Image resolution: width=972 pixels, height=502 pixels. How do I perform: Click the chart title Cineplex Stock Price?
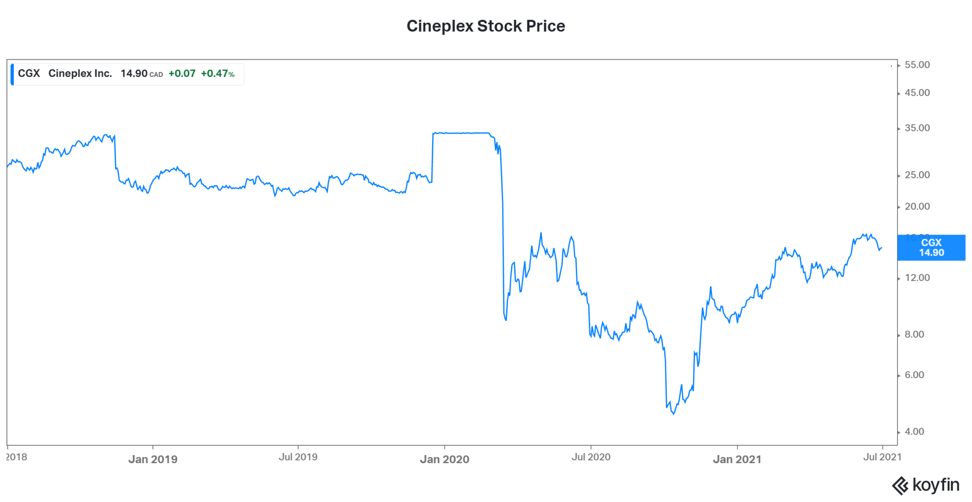(x=486, y=26)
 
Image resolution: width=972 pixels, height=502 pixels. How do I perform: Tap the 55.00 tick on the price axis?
(x=917, y=65)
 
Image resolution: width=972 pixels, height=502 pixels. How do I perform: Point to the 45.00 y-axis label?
(x=917, y=93)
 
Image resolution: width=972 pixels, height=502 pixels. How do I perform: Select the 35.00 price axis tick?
(x=917, y=128)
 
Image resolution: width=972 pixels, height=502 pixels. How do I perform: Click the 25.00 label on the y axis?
(x=917, y=175)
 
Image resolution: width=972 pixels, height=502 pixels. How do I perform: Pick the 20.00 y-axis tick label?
(x=917, y=206)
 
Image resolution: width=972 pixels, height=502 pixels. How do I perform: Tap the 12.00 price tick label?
(x=917, y=278)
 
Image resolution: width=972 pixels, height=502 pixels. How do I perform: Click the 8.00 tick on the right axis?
(x=914, y=334)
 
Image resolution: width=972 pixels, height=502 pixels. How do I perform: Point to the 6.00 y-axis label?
(x=914, y=375)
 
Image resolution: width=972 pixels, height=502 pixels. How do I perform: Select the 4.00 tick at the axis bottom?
(x=914, y=431)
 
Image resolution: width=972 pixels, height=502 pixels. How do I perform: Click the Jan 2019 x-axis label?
(x=153, y=459)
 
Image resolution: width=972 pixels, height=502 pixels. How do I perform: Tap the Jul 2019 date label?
(x=298, y=457)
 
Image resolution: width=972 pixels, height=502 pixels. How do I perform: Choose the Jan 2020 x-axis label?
(x=445, y=459)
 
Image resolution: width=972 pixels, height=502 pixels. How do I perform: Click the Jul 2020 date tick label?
(x=591, y=457)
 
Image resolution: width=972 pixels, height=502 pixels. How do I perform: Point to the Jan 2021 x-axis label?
(x=737, y=459)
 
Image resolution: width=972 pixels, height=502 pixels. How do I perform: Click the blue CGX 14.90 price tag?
(x=931, y=248)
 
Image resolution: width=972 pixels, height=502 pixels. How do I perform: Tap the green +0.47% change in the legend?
(x=217, y=74)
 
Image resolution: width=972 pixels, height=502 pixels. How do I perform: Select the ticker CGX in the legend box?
(x=29, y=74)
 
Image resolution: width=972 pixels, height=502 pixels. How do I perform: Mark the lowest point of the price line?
(x=673, y=414)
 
